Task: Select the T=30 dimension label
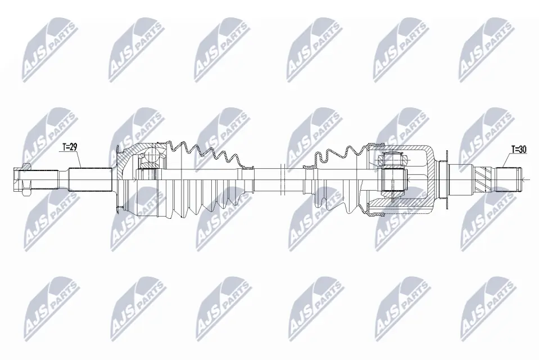point(519,150)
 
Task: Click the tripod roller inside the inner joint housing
point(393,179)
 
